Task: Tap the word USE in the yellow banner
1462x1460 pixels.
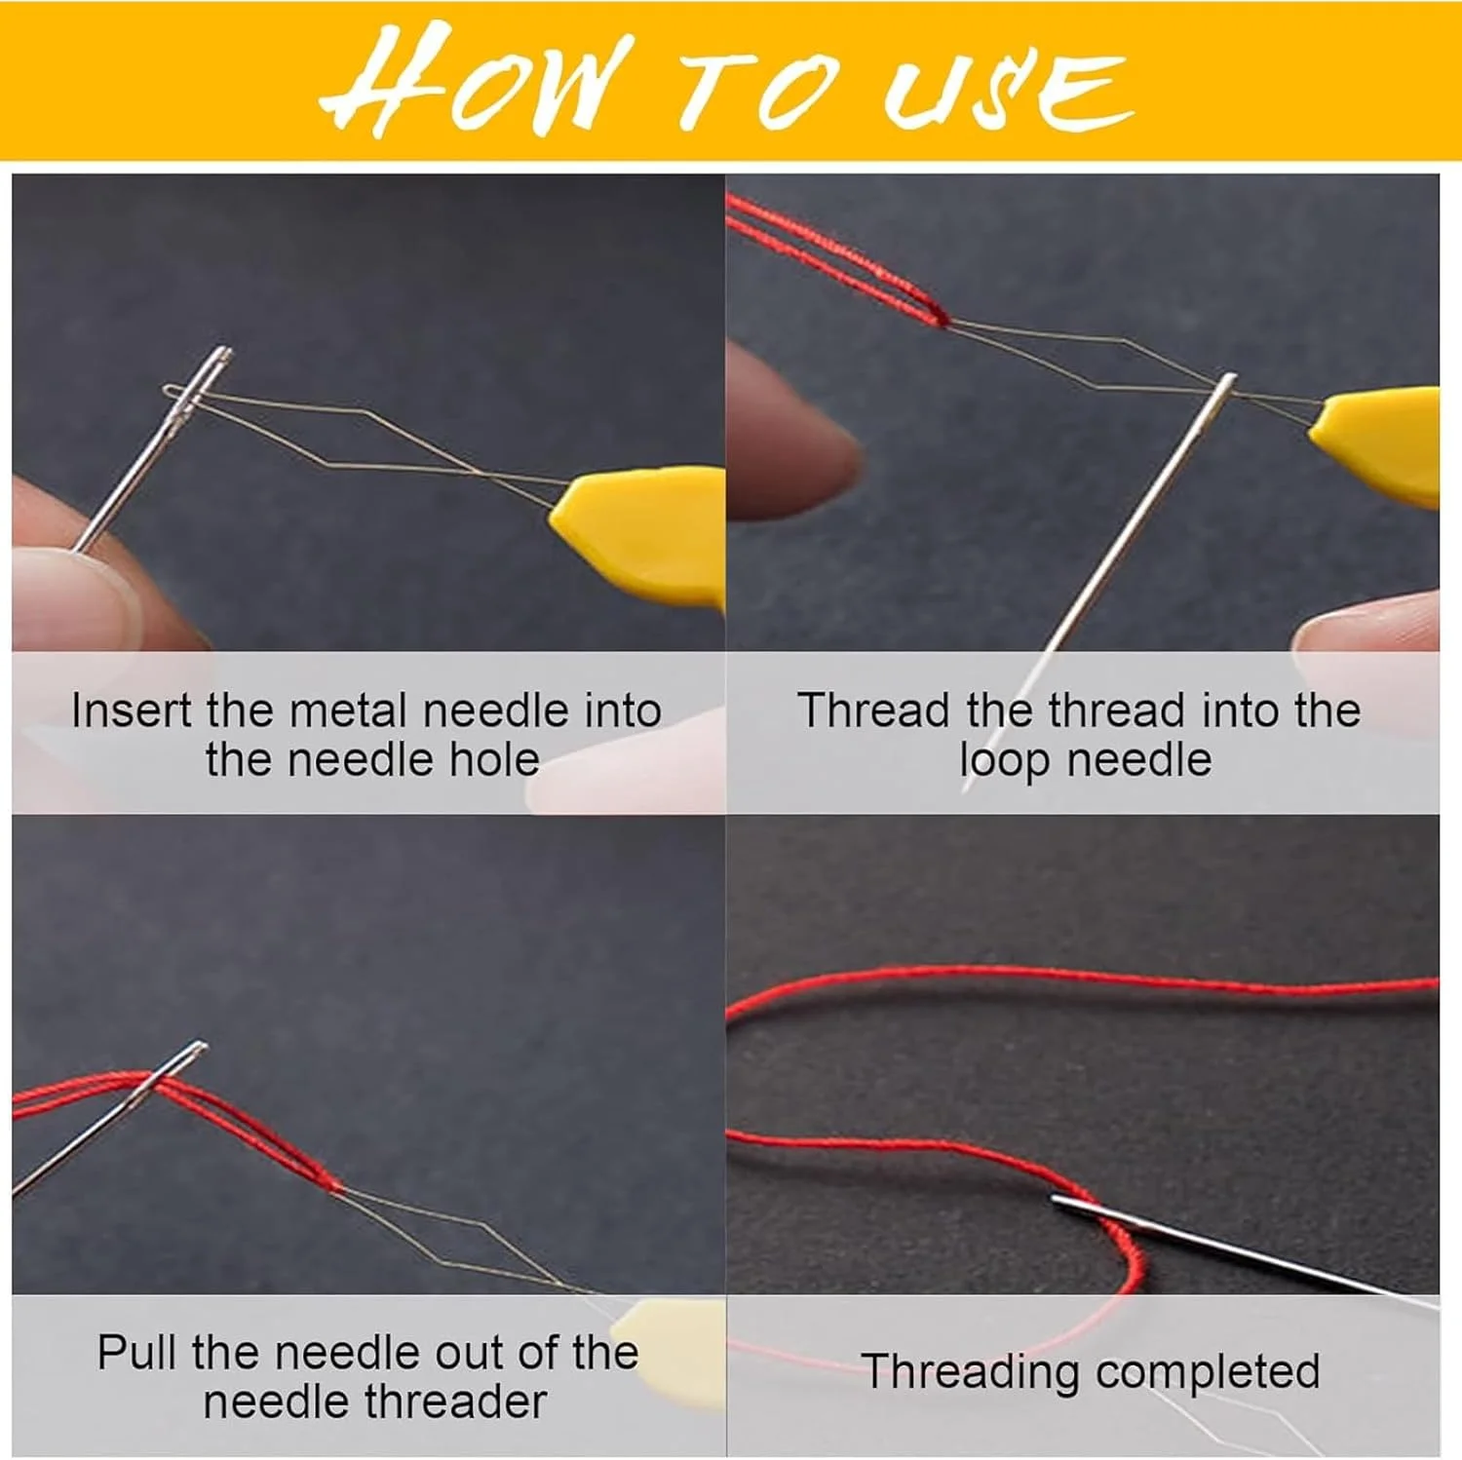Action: click(1009, 89)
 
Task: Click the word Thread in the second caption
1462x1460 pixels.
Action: click(872, 711)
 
